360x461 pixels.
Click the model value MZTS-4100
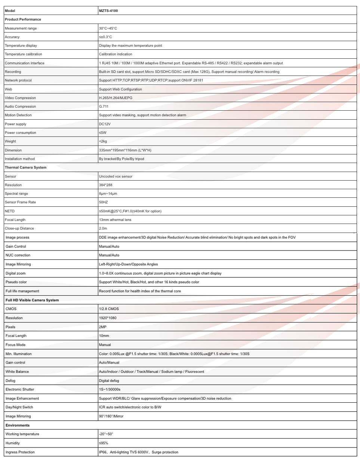108,11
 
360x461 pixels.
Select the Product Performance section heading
23,19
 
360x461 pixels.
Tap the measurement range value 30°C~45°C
108,28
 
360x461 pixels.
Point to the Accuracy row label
12,37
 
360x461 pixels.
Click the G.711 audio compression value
104,107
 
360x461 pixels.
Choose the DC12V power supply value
105,124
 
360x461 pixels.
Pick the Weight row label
10,141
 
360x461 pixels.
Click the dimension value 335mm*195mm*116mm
125,150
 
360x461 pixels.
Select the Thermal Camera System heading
25,168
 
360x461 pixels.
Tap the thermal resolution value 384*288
106,185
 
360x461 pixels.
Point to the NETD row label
10,211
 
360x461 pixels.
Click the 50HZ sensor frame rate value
104,202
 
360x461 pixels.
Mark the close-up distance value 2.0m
103,228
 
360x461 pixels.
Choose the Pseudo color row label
16,282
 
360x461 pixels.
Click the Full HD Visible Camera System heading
32,300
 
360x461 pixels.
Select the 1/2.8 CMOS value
109,309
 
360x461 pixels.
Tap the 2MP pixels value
103,327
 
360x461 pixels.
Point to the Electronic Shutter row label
20,390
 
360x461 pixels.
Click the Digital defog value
109,381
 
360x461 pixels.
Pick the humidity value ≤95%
104,443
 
